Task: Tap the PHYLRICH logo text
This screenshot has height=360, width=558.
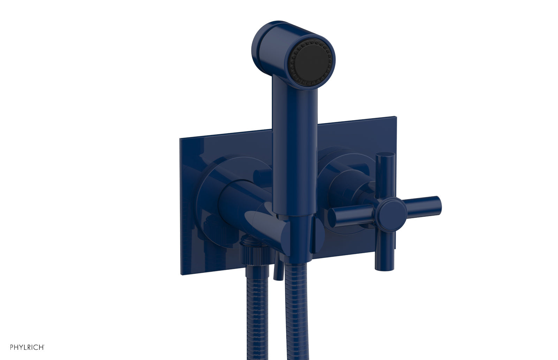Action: point(22,347)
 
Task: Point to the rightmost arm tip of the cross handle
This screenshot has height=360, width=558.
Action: point(436,203)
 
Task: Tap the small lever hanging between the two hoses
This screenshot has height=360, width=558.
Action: point(277,269)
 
